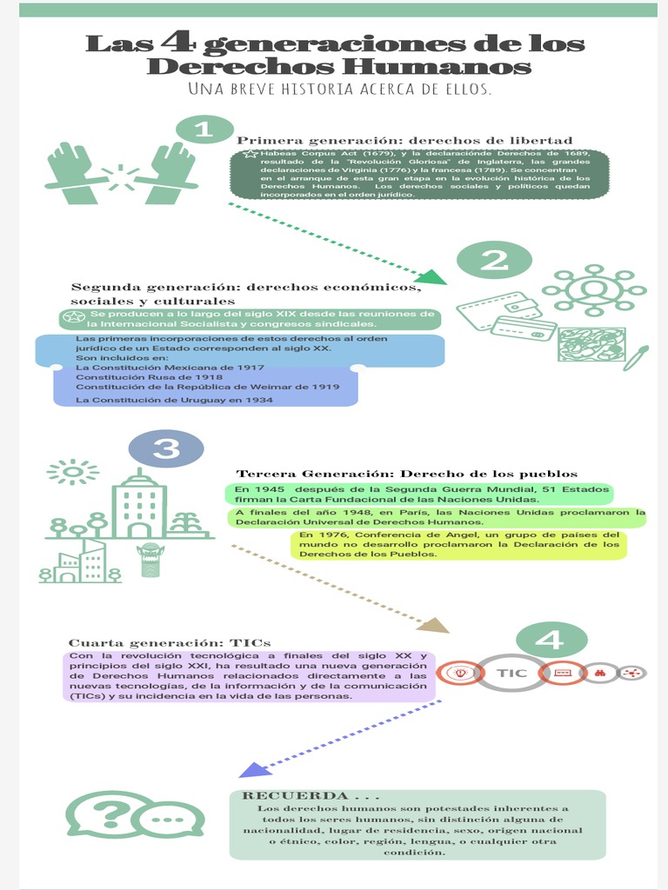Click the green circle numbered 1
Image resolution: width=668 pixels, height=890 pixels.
point(204,130)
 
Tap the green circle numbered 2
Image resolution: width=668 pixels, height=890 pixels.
point(494,260)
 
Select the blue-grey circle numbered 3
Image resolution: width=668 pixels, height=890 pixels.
point(166,448)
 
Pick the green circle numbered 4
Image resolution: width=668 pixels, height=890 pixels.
point(550,641)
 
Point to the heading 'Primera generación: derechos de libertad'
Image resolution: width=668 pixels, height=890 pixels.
point(404,140)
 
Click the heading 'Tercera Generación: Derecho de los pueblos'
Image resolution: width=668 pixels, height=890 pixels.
point(407,474)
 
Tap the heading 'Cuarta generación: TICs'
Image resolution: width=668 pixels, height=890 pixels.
point(170,642)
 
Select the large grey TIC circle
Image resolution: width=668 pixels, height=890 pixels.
point(513,673)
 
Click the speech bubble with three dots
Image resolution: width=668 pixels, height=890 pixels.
point(170,820)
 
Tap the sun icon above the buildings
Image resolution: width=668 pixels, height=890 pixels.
point(72,472)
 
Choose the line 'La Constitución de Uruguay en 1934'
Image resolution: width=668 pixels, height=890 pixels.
point(174,400)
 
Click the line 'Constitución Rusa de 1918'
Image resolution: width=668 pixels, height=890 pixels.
point(149,377)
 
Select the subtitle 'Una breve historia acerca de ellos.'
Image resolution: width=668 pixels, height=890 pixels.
point(340,89)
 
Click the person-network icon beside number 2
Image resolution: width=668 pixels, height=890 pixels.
point(594,289)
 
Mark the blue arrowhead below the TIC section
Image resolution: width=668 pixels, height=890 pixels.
point(251,769)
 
